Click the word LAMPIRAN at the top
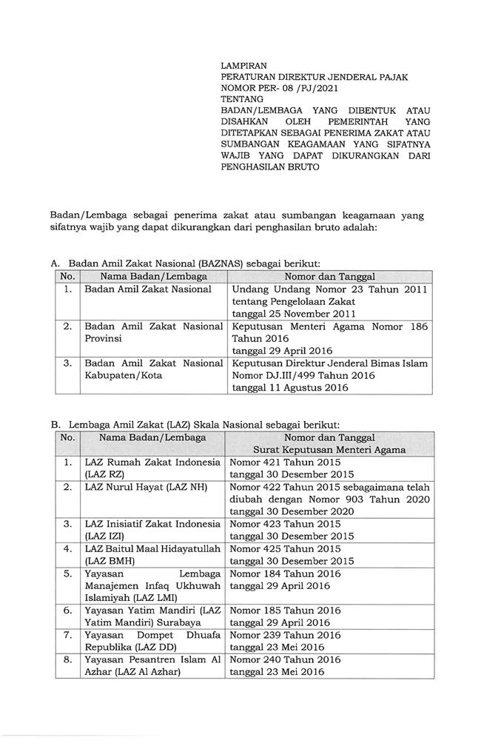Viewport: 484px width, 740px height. click(x=245, y=66)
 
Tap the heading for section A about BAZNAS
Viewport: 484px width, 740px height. click(x=185, y=263)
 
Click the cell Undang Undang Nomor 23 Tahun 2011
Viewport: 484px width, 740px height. click(x=329, y=289)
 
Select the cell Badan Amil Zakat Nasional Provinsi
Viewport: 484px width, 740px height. click(x=153, y=332)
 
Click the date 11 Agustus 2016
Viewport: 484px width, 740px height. click(x=289, y=387)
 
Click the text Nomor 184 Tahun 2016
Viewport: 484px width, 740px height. click(x=285, y=573)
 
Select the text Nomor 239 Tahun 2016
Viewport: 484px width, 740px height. click(x=285, y=635)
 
